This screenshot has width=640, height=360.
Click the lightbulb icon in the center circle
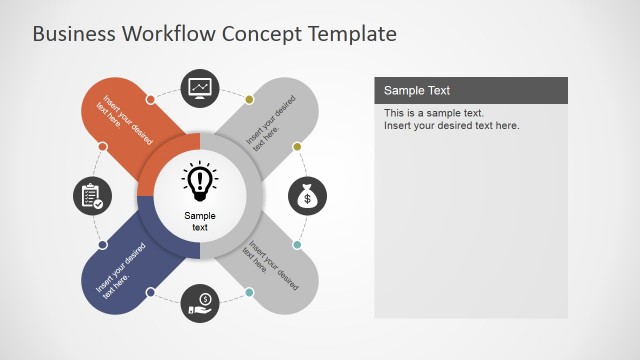(200, 180)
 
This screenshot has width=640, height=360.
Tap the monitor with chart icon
(200, 88)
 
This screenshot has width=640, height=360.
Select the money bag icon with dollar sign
(308, 197)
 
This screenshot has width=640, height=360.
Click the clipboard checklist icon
(92, 196)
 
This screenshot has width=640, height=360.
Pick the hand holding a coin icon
(200, 302)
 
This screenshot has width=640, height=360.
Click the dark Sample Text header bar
(470, 91)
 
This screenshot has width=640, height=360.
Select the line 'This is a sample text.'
(434, 113)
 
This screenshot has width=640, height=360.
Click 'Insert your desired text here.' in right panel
(452, 126)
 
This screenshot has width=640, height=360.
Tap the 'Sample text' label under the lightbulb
(200, 221)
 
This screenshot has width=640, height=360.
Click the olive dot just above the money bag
(297, 147)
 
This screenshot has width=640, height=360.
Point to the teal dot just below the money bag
(297, 245)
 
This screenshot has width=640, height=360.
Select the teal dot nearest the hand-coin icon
(249, 292)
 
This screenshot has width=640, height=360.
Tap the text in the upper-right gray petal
(271, 126)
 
